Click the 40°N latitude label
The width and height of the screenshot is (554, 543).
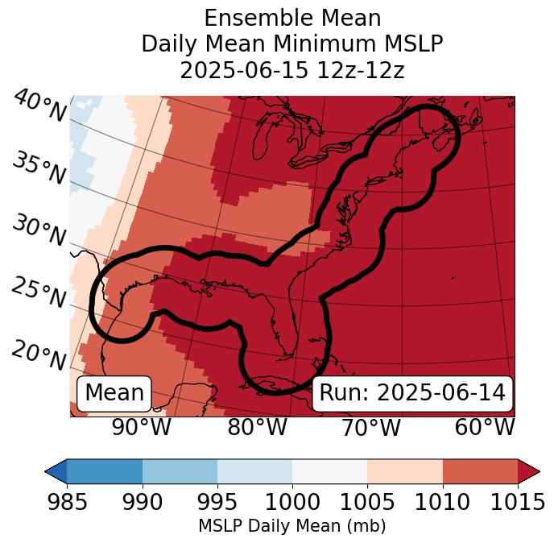[x=39, y=106]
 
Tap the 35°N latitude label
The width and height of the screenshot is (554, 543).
[x=39, y=168]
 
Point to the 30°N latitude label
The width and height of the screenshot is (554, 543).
[x=39, y=231]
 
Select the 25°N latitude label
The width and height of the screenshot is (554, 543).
[x=39, y=293]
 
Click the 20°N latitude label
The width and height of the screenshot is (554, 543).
[x=39, y=355]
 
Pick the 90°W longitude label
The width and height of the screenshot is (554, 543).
[x=142, y=428]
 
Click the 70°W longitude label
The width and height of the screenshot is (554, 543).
[x=370, y=428]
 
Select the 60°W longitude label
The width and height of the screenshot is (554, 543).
[x=485, y=428]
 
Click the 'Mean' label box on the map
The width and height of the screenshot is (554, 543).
[x=114, y=393]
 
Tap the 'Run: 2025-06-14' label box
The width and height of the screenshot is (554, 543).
[x=412, y=393]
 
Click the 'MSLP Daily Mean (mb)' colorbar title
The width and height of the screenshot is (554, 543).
[x=291, y=526]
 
